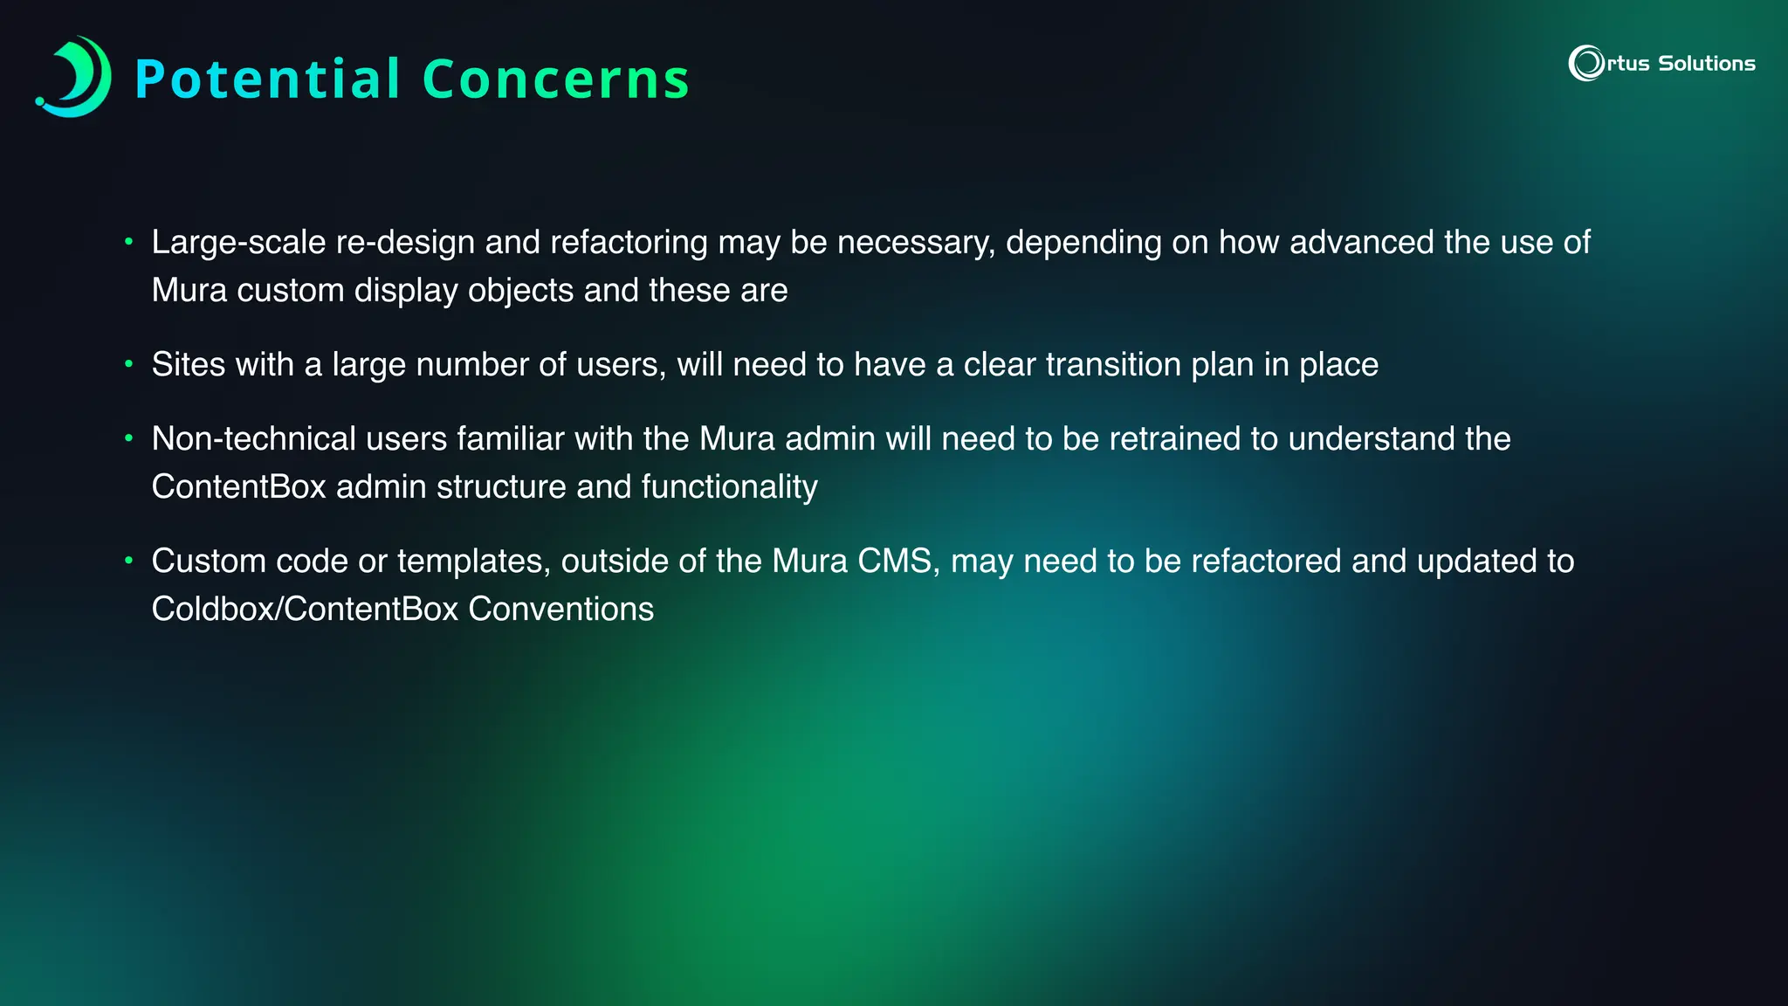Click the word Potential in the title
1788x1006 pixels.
click(267, 79)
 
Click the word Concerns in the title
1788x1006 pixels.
click(556, 79)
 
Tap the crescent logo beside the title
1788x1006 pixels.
click(75, 77)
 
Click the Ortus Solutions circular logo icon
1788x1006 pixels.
click(1585, 63)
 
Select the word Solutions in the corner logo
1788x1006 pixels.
click(1706, 64)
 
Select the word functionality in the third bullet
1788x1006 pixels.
click(729, 486)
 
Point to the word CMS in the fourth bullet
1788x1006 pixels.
click(898, 561)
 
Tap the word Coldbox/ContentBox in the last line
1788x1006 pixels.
click(305, 609)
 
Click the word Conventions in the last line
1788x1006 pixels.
click(560, 609)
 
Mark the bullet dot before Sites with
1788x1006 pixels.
click(128, 363)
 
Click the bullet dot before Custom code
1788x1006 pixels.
click(128, 560)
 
